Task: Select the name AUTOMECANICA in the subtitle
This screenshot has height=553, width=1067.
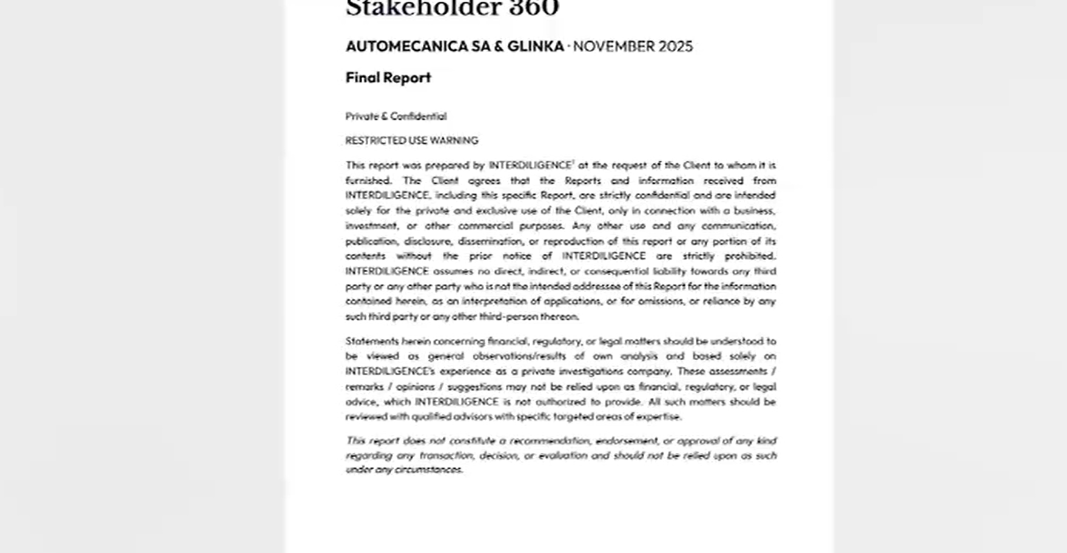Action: point(407,47)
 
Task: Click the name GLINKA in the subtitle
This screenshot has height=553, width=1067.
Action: point(536,47)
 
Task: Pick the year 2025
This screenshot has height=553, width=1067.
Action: point(675,47)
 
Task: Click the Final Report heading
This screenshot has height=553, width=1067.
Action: point(388,78)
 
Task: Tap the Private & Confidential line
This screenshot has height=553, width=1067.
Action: point(395,116)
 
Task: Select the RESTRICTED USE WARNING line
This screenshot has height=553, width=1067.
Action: point(411,141)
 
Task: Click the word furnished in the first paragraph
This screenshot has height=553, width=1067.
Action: point(368,181)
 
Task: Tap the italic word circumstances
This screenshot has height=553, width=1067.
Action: point(428,470)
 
